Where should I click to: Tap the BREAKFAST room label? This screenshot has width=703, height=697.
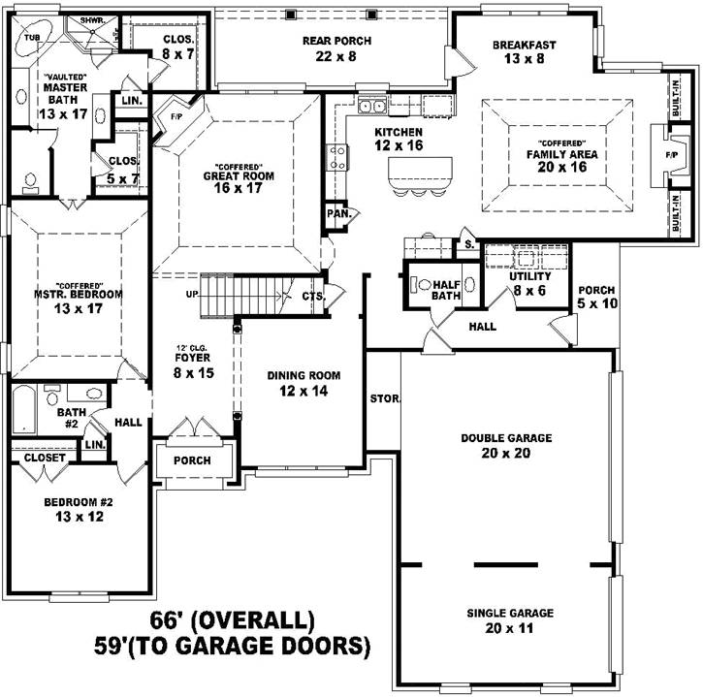pyautogui.click(x=524, y=45)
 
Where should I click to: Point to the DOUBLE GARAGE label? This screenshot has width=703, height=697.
pyautogui.click(x=506, y=438)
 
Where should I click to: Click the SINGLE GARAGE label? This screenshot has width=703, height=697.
pyautogui.click(x=510, y=613)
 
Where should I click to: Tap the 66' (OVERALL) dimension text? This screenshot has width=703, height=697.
pyautogui.click(x=232, y=619)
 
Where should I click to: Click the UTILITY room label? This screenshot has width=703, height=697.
pyautogui.click(x=529, y=277)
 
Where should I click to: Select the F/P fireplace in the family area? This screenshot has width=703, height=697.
pyautogui.click(x=671, y=154)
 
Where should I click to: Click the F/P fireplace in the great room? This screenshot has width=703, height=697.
pyautogui.click(x=176, y=116)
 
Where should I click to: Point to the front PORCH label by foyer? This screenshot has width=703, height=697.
pyautogui.click(x=192, y=460)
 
